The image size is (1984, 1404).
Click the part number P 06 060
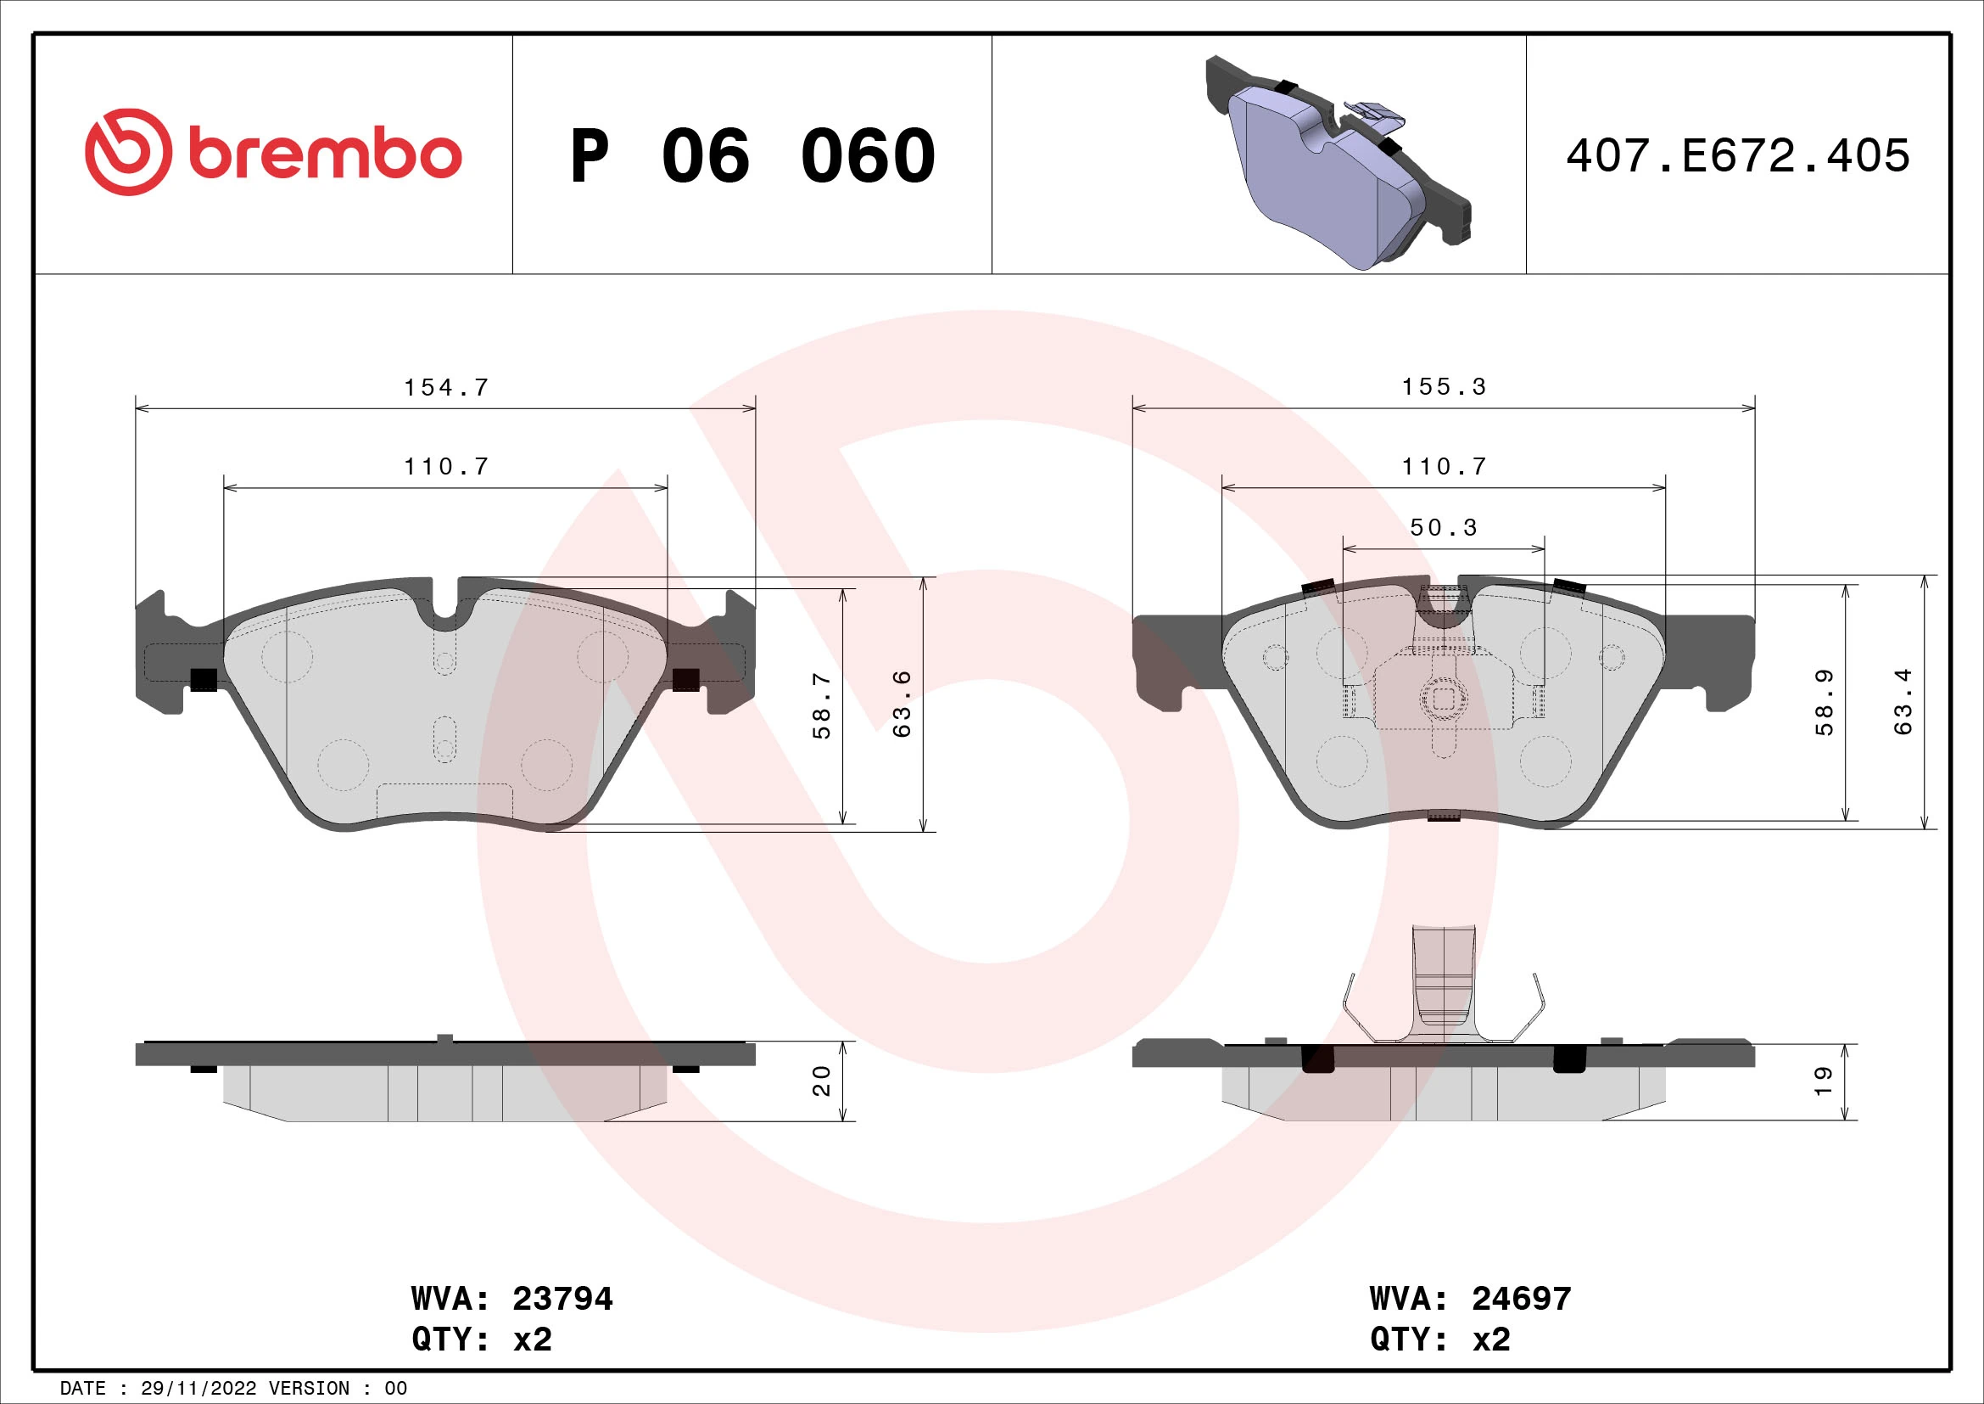coord(752,156)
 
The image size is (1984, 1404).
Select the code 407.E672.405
coord(1737,156)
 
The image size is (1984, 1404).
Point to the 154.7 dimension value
coord(446,387)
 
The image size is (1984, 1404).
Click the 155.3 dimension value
coord(1443,386)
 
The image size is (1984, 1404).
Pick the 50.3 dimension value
coord(1443,527)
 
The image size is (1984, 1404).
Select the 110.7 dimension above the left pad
coord(446,467)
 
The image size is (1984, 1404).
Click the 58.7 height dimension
coord(822,705)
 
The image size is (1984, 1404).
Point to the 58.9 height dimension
coord(1824,703)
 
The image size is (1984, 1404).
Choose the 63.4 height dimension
coord(1903,701)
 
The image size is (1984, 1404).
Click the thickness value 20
coord(822,1081)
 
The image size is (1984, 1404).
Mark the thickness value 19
coord(1824,1081)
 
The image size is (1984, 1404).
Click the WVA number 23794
coord(562,1299)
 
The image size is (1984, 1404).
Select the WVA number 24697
coord(1521,1299)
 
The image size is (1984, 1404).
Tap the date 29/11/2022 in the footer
coord(198,1389)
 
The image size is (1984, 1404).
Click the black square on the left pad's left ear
coord(203,680)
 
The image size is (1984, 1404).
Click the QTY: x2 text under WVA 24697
coord(1439,1339)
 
